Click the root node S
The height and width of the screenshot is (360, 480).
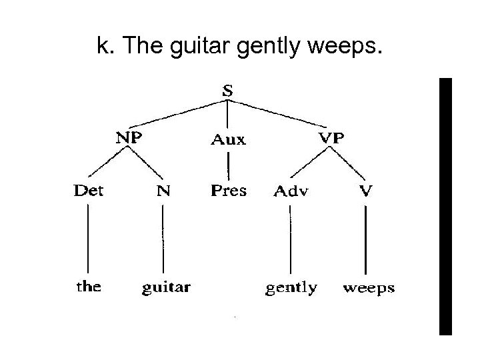click(x=227, y=92)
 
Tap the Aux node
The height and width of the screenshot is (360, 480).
click(x=228, y=140)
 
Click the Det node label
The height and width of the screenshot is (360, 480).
click(x=89, y=191)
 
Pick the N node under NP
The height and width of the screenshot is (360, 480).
click(x=163, y=192)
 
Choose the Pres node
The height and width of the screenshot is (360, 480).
click(x=228, y=191)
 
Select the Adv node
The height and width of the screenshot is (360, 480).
click(x=291, y=192)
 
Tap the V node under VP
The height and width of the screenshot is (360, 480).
click(x=366, y=192)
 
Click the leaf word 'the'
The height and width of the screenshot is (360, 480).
click(x=89, y=287)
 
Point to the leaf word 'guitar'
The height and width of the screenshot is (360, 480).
click(x=166, y=289)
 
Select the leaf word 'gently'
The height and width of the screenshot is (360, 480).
click(x=291, y=289)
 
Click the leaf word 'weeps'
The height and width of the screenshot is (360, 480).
click(x=368, y=289)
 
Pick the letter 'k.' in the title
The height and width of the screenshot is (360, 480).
click(x=104, y=47)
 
